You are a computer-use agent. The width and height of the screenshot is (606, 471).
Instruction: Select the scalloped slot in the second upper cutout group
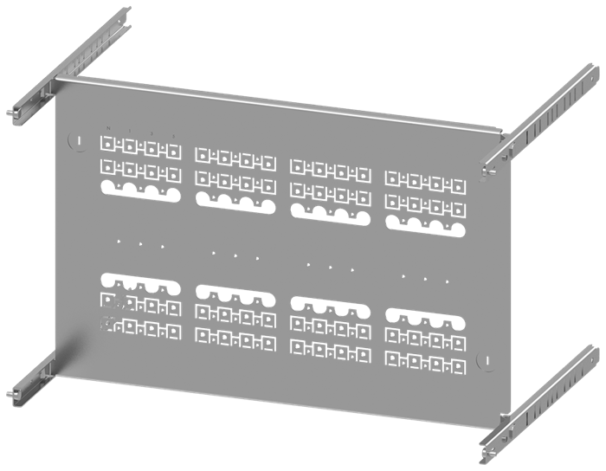coord(233,203)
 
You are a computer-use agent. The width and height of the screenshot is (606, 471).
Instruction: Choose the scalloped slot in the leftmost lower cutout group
coord(139,282)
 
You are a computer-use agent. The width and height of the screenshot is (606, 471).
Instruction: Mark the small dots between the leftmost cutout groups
coord(139,244)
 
